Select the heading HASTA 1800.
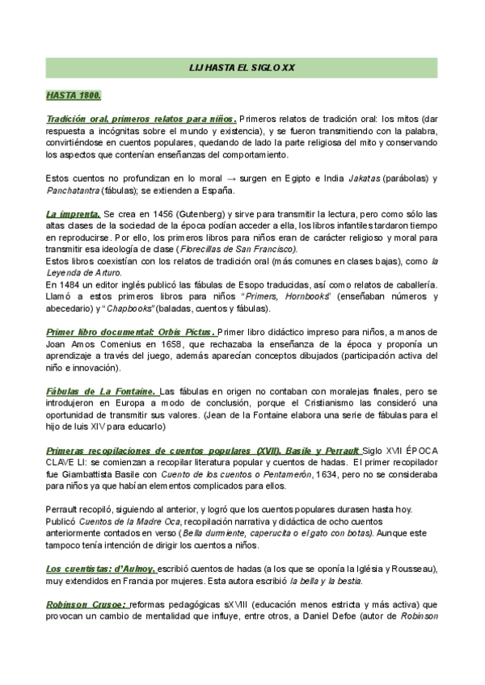pyautogui.click(x=74, y=96)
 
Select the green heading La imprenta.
pyautogui.click(x=73, y=214)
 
